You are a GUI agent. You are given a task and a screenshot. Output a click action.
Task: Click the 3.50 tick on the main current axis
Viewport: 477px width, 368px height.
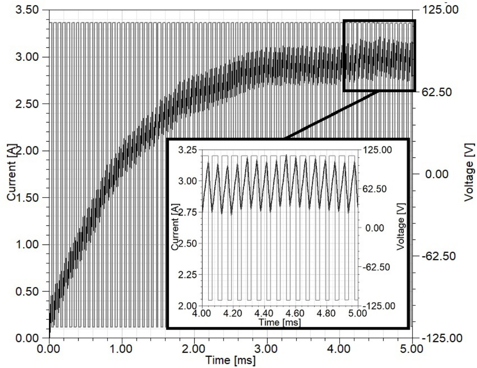coord(27,10)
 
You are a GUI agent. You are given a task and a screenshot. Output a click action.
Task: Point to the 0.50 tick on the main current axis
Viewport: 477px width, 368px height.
coord(27,292)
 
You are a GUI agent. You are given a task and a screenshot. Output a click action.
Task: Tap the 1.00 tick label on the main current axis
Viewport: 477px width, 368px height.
coord(27,245)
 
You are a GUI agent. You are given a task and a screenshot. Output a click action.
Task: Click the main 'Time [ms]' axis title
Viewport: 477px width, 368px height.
coord(230,360)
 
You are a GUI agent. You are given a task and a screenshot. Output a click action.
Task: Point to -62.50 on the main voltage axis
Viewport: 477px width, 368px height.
coord(436,256)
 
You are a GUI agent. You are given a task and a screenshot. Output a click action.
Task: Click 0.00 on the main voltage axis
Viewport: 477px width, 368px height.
coord(437,174)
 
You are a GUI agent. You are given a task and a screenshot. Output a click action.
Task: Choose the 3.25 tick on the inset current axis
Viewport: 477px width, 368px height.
coord(187,150)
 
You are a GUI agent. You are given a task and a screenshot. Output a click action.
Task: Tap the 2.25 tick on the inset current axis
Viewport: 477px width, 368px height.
coord(187,275)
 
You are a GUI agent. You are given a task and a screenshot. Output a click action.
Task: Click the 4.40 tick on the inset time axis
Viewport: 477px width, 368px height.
coord(264,313)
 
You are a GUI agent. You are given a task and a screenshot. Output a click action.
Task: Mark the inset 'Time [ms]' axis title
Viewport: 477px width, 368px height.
coord(280,322)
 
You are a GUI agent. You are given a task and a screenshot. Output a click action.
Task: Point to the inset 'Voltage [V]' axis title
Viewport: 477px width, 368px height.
coord(401,226)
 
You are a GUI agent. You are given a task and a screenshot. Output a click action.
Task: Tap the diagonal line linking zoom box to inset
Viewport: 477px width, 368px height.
coord(333,114)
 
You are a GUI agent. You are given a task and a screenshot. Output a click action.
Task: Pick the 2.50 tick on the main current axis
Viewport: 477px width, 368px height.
coord(27,104)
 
